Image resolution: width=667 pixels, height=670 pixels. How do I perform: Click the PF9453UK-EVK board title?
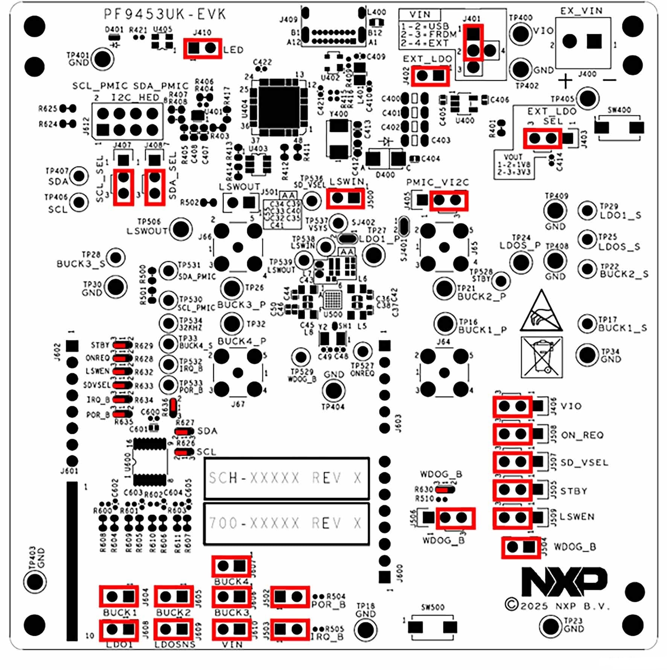point(165,14)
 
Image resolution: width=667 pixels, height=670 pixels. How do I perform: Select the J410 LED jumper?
point(203,48)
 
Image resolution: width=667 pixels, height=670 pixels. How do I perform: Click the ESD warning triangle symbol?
point(541,313)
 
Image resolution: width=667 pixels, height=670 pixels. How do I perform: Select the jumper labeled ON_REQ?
point(513,434)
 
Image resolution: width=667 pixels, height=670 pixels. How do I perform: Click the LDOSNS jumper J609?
point(174,629)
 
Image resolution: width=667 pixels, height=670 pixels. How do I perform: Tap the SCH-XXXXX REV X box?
point(286,478)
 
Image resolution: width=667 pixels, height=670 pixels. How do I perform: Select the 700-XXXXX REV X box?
point(286,523)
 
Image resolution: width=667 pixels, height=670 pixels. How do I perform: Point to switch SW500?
point(432,627)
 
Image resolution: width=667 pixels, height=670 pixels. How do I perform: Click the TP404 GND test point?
point(333,390)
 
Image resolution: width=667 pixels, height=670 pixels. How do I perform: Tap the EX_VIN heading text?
point(581,11)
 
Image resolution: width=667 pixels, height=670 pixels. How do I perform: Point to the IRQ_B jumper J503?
point(289,629)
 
